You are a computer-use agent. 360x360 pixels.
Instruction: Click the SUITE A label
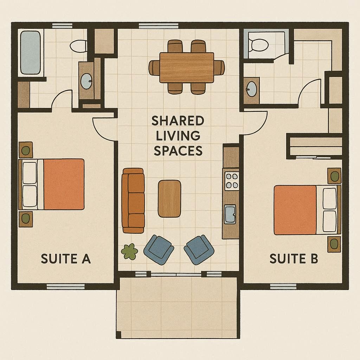tap(66, 259)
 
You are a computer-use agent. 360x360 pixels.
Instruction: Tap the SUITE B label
tap(294, 259)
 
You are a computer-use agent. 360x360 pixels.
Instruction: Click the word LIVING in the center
tap(178, 135)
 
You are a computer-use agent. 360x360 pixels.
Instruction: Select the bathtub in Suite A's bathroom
tap(30, 53)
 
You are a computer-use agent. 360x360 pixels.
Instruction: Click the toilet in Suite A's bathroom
tap(78, 46)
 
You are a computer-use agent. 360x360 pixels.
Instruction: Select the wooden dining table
tap(187, 67)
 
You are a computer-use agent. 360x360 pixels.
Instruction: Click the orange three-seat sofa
tap(133, 200)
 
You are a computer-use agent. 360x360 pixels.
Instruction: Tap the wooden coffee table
tap(169, 198)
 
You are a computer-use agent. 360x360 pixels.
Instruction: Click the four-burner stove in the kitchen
tap(232, 180)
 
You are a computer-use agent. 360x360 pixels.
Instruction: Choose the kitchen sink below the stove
tap(231, 214)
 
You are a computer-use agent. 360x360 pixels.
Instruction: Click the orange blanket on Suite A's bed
tap(64, 184)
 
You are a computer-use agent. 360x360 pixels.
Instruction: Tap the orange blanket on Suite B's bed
tap(295, 210)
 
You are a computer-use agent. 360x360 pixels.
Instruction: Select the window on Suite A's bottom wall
tap(66, 287)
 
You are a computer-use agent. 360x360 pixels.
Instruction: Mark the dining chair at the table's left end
tap(154, 67)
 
